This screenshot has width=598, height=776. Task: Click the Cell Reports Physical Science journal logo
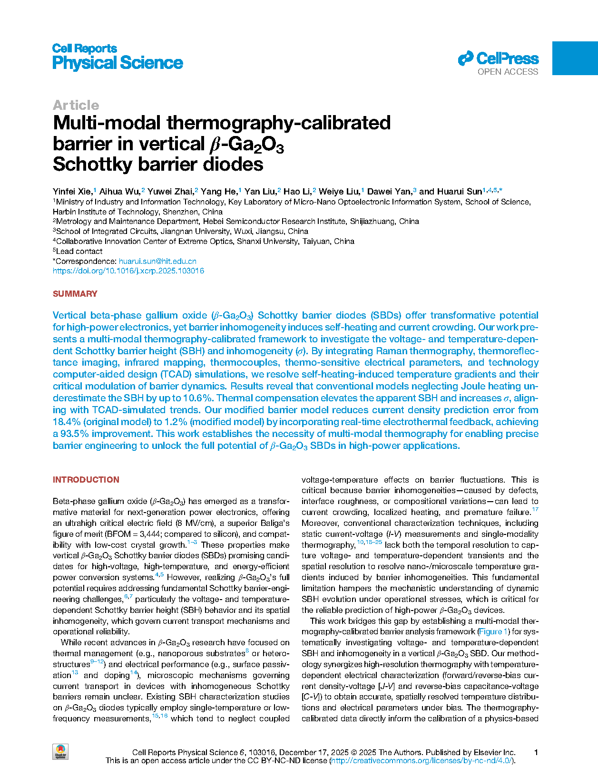click(x=117, y=57)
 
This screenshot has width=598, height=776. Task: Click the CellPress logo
click(x=498, y=59)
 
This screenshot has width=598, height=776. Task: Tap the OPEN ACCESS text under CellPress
click(x=508, y=72)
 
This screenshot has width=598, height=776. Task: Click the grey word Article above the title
click(x=76, y=105)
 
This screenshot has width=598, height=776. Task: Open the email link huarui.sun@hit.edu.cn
click(x=157, y=261)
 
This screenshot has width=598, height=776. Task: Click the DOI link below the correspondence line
click(x=128, y=271)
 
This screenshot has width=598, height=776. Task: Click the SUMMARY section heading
click(x=75, y=294)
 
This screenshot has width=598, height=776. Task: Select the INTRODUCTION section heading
click(x=86, y=480)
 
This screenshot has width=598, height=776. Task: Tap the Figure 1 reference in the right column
click(x=490, y=631)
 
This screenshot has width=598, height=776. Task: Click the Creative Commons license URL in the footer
click(x=422, y=760)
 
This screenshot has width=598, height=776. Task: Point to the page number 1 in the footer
click(x=536, y=752)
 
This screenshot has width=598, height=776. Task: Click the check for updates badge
click(x=60, y=752)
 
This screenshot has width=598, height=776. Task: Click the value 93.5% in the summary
click(x=74, y=434)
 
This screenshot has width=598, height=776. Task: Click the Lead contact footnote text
click(x=79, y=251)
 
